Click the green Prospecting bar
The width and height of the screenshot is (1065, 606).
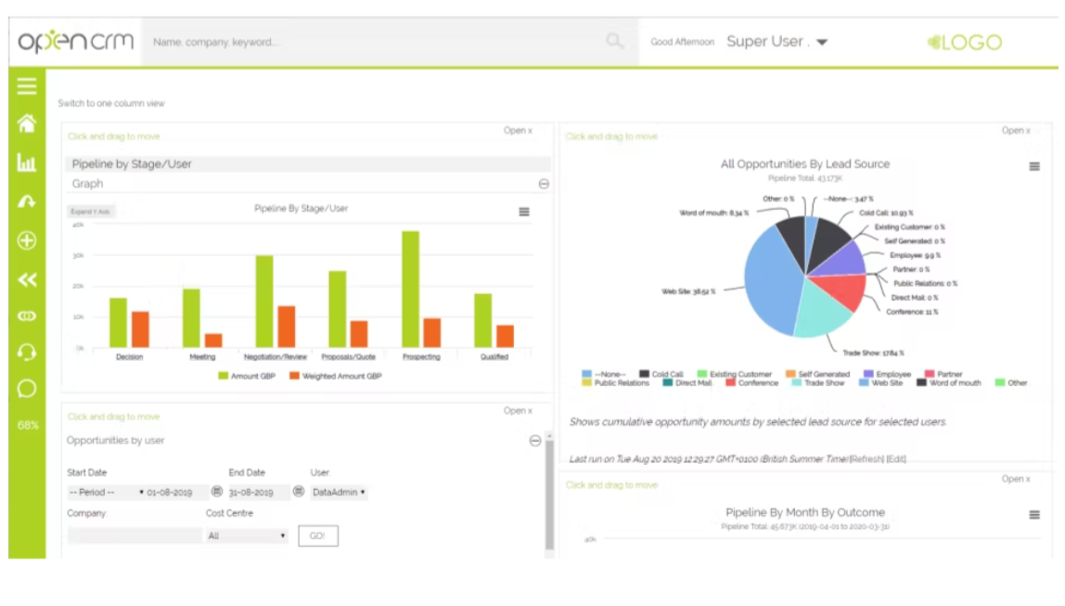[410, 289]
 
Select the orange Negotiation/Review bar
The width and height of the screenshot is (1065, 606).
[287, 326]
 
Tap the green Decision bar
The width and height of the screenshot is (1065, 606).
[118, 322]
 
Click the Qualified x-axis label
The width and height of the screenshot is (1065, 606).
[494, 357]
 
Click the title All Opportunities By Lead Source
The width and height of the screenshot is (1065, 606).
[804, 164]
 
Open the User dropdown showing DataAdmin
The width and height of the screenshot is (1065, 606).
[339, 493]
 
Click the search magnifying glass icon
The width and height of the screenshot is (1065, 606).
[615, 42]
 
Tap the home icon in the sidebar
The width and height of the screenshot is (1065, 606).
[27, 123]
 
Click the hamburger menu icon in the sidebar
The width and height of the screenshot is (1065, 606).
[27, 86]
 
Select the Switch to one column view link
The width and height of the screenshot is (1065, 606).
[111, 104]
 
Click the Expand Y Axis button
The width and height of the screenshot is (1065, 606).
[91, 212]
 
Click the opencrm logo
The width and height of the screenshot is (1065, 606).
[75, 42]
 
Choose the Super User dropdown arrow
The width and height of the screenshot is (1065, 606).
[822, 43]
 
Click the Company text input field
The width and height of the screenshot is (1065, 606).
[135, 536]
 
